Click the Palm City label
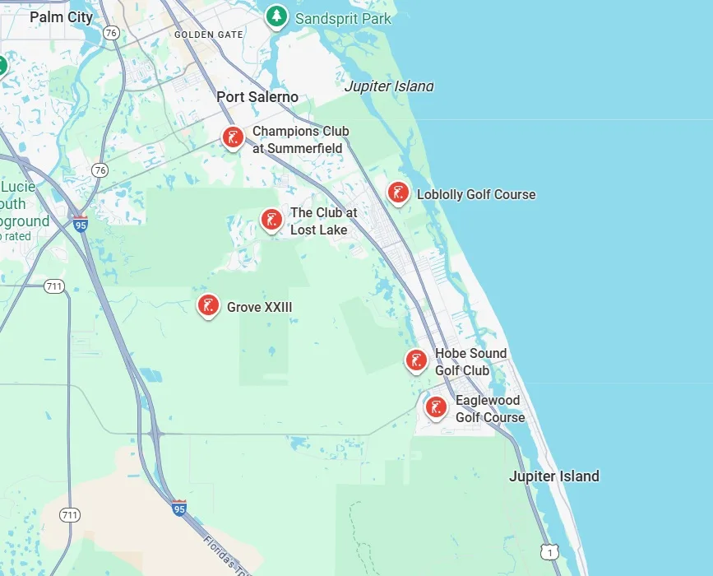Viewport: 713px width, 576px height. [x=62, y=16]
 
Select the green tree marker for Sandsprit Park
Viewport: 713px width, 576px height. [x=276, y=16]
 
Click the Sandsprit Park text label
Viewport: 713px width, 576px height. [x=343, y=18]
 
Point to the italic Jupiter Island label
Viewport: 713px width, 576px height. [x=388, y=86]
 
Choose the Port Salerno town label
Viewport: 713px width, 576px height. [x=257, y=97]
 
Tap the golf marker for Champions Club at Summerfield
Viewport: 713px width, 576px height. [x=233, y=137]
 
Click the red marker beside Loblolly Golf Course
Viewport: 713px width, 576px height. [x=399, y=193]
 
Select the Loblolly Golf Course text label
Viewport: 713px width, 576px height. [x=476, y=195]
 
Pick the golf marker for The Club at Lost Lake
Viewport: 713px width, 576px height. [x=271, y=220]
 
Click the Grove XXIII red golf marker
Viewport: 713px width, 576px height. [x=209, y=306]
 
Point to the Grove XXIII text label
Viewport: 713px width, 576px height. [x=259, y=308]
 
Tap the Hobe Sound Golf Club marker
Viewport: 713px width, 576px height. [x=417, y=360]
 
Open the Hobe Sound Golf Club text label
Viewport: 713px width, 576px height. [x=470, y=362]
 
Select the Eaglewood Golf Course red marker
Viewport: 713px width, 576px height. [x=436, y=406]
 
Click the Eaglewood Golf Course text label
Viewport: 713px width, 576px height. [x=490, y=409]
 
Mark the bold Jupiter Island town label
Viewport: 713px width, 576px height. [x=554, y=476]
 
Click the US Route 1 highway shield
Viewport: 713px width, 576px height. [x=549, y=553]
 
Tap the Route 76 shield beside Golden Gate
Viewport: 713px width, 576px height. [x=112, y=32]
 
